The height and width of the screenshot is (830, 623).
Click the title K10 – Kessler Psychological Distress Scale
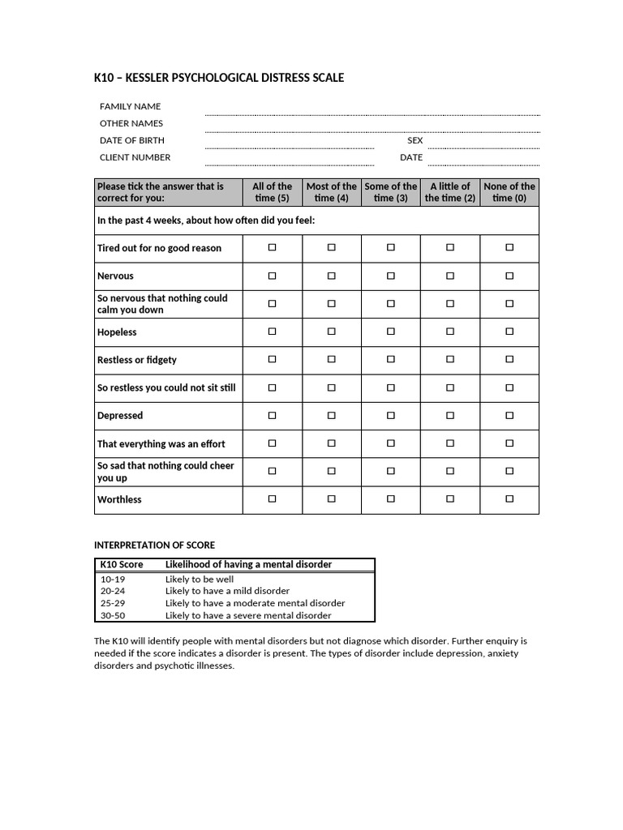[x=219, y=78]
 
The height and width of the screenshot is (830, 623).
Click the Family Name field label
[x=130, y=106]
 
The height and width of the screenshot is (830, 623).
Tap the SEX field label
[x=415, y=140]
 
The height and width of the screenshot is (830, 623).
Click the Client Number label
[x=135, y=157]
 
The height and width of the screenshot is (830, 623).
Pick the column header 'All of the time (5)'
[x=272, y=192]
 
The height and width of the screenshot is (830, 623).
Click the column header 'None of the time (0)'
[x=509, y=192]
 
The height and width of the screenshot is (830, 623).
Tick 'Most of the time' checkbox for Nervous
[x=331, y=276]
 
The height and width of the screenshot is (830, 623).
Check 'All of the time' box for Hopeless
[x=272, y=332]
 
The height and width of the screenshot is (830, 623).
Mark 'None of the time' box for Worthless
[x=509, y=499]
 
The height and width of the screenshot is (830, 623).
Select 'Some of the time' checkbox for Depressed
[x=391, y=415]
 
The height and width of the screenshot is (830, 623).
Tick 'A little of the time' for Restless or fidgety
[x=450, y=359]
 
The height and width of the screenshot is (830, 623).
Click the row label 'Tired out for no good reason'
[x=159, y=248]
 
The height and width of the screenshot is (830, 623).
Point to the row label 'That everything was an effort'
[x=161, y=443]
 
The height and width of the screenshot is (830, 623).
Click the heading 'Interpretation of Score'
[x=155, y=545]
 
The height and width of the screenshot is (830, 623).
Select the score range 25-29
[x=113, y=603]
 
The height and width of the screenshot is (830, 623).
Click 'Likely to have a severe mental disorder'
[x=248, y=615]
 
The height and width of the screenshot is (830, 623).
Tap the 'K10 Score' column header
[x=122, y=564]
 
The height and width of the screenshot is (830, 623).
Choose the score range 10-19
[x=113, y=580]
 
